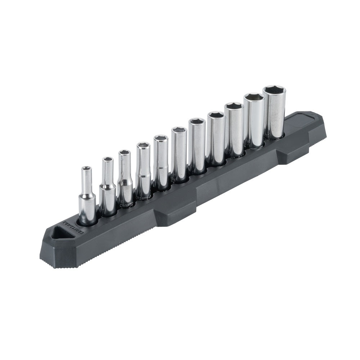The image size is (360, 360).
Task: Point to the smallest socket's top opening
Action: (x=86, y=168)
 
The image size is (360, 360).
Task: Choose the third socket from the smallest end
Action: (x=125, y=178)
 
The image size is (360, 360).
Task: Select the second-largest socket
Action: (x=254, y=121)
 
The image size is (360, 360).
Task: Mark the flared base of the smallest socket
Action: (x=87, y=209)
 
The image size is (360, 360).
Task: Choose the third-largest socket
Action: (x=234, y=130)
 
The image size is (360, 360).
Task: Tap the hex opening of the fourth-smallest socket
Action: (x=143, y=145)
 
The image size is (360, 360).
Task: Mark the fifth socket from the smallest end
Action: (x=161, y=162)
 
